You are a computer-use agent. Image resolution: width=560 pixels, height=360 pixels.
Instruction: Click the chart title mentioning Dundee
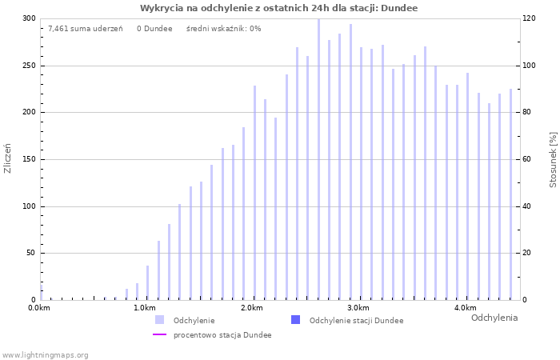click(x=278, y=8)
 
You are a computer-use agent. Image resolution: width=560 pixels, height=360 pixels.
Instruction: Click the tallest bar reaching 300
click(x=318, y=160)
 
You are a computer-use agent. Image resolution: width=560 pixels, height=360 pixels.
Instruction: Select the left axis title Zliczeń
click(x=8, y=158)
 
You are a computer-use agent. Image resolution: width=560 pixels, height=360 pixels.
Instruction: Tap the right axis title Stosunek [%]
click(x=553, y=160)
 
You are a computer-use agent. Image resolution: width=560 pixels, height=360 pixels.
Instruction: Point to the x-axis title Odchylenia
click(x=494, y=318)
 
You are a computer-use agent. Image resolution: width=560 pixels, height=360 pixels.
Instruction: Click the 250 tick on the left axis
click(x=28, y=66)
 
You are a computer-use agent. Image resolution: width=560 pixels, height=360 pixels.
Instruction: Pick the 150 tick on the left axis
click(x=28, y=159)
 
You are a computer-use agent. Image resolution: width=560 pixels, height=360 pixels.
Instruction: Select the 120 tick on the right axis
click(x=529, y=18)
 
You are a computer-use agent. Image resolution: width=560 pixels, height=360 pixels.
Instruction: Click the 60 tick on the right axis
click(x=528, y=159)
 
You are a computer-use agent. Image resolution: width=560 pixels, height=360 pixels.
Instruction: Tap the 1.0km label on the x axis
click(x=144, y=308)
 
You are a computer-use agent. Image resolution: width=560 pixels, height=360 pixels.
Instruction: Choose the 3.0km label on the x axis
click(x=358, y=308)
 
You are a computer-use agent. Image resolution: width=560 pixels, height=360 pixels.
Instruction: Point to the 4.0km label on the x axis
click(x=465, y=308)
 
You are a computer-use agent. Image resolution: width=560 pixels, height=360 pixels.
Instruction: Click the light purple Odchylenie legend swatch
click(x=160, y=320)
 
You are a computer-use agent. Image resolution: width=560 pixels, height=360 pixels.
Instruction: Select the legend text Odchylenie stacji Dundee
click(x=355, y=320)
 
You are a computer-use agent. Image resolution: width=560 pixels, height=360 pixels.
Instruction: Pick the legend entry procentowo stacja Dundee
click(x=222, y=335)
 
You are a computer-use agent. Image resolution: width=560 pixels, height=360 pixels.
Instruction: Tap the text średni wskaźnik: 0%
click(x=223, y=29)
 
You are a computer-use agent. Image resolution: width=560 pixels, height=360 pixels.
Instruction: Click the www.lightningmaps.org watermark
click(x=46, y=354)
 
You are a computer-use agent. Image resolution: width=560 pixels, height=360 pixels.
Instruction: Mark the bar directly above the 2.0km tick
click(x=254, y=192)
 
